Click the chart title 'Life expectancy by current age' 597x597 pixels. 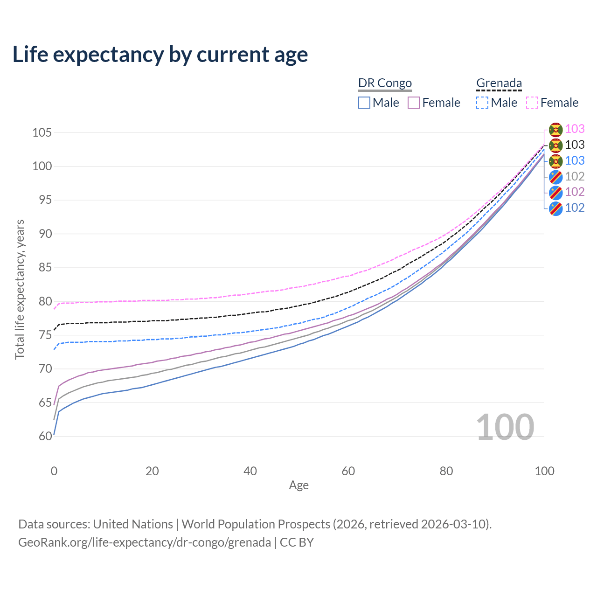160,55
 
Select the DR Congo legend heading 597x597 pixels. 385,83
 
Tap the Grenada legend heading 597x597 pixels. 499,83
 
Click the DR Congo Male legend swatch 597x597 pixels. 364,103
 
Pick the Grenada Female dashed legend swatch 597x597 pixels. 532,103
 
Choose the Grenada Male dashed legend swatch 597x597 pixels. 482,103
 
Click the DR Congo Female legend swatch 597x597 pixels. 414,103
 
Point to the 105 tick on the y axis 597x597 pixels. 42,133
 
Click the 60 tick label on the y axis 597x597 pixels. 45,437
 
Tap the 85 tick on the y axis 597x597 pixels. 45,268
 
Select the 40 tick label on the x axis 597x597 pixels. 250,471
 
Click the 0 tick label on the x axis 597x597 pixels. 54,471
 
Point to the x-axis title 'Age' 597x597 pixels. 298,485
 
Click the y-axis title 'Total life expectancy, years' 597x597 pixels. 20,289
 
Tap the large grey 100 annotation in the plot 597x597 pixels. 505,427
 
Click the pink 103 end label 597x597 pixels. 575,129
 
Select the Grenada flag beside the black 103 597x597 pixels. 555,145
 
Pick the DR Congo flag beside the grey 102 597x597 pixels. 555,177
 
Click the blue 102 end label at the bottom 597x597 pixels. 575,208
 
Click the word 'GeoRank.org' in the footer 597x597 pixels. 51,542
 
